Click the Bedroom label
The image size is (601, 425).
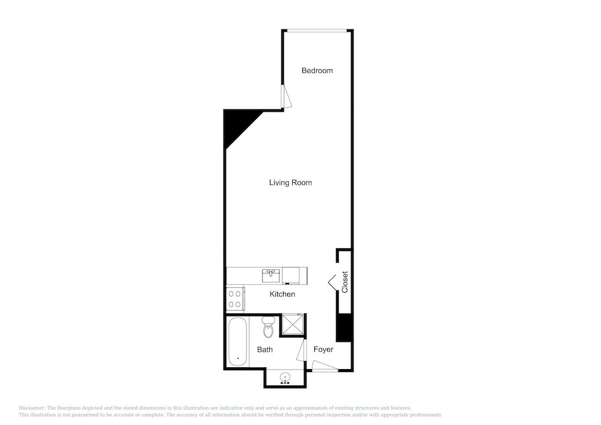(317, 70)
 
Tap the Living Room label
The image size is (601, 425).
(290, 183)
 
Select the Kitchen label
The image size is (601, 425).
(282, 295)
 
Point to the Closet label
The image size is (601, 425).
(344, 282)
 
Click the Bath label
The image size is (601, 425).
(265, 349)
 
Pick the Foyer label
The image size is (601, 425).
(323, 349)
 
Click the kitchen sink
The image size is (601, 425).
(271, 275)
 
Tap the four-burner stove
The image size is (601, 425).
(235, 299)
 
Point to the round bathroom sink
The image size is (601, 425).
(285, 378)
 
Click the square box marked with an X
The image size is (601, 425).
(293, 325)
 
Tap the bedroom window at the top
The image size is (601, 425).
(317, 31)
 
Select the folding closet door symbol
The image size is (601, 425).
(332, 282)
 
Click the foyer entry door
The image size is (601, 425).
(325, 366)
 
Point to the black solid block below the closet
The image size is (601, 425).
(344, 327)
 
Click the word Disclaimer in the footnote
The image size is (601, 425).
(31, 408)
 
